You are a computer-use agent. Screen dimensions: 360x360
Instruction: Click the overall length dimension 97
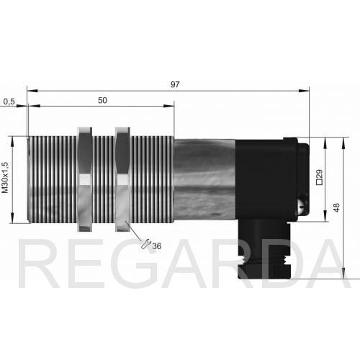pyautogui.click(x=175, y=84)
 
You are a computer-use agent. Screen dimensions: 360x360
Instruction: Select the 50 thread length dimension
pyautogui.click(x=102, y=100)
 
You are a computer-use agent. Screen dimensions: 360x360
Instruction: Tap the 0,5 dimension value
pyautogui.click(x=9, y=102)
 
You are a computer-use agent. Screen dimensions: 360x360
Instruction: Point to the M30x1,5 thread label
pyautogui.click(x=5, y=178)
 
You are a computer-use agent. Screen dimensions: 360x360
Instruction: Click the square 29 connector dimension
pyautogui.click(x=320, y=177)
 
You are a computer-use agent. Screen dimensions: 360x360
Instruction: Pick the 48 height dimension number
pyautogui.click(x=336, y=207)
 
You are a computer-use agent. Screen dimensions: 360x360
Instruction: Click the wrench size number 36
pyautogui.click(x=157, y=246)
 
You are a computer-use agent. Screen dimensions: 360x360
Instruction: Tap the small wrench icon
pyautogui.click(x=146, y=244)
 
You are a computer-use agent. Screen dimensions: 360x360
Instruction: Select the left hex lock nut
pyautogui.click(x=85, y=179)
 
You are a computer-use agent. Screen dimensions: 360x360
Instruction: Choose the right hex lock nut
pyautogui.click(x=122, y=179)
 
